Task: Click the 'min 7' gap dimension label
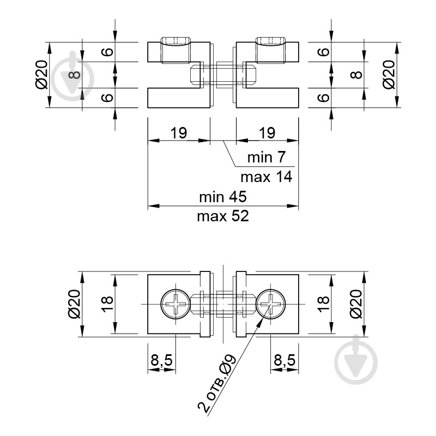pyautogui.click(x=267, y=158)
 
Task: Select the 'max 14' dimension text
pyautogui.click(x=267, y=176)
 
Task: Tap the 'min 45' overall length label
pyautogui.click(x=223, y=196)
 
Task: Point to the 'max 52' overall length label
pyautogui.click(x=223, y=216)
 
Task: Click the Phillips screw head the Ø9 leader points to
pyautogui.click(x=271, y=303)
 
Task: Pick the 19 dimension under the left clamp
pyautogui.click(x=178, y=132)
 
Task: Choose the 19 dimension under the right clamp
pyautogui.click(x=267, y=132)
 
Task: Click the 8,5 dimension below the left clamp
pyautogui.click(x=161, y=360)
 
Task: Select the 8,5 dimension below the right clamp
pyautogui.click(x=284, y=360)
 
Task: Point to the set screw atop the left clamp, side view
pyautogui.click(x=175, y=41)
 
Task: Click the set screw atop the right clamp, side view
pyautogui.click(x=270, y=41)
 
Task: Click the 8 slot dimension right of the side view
pyautogui.click(x=358, y=74)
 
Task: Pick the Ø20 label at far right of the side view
pyautogui.click(x=389, y=75)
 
